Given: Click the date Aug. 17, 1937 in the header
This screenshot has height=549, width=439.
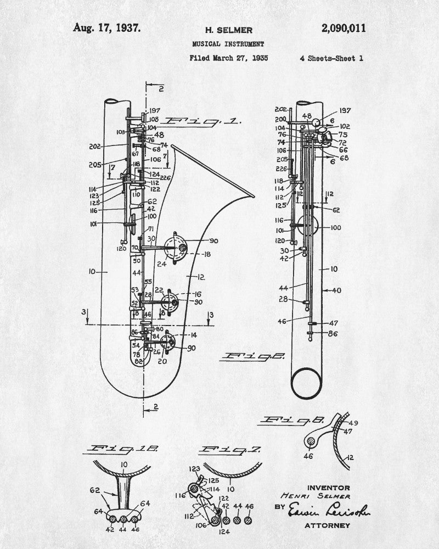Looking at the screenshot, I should (x=107, y=27).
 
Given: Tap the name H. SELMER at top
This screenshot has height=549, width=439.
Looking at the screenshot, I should (x=221, y=30).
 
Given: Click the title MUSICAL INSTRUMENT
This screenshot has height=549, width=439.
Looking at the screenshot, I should (x=228, y=43).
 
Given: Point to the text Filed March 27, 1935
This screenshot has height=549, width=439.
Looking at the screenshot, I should (x=228, y=58).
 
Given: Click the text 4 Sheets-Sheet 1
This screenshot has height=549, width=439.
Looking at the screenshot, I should (x=331, y=58).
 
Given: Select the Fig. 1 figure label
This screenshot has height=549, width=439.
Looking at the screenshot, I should (x=203, y=122).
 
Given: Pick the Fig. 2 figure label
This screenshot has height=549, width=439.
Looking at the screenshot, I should (x=252, y=356).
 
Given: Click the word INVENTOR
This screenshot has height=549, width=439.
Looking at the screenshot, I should (x=329, y=488).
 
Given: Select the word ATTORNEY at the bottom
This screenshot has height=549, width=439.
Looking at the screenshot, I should (x=327, y=525).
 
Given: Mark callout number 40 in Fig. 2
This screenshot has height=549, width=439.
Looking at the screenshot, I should (x=336, y=290).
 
